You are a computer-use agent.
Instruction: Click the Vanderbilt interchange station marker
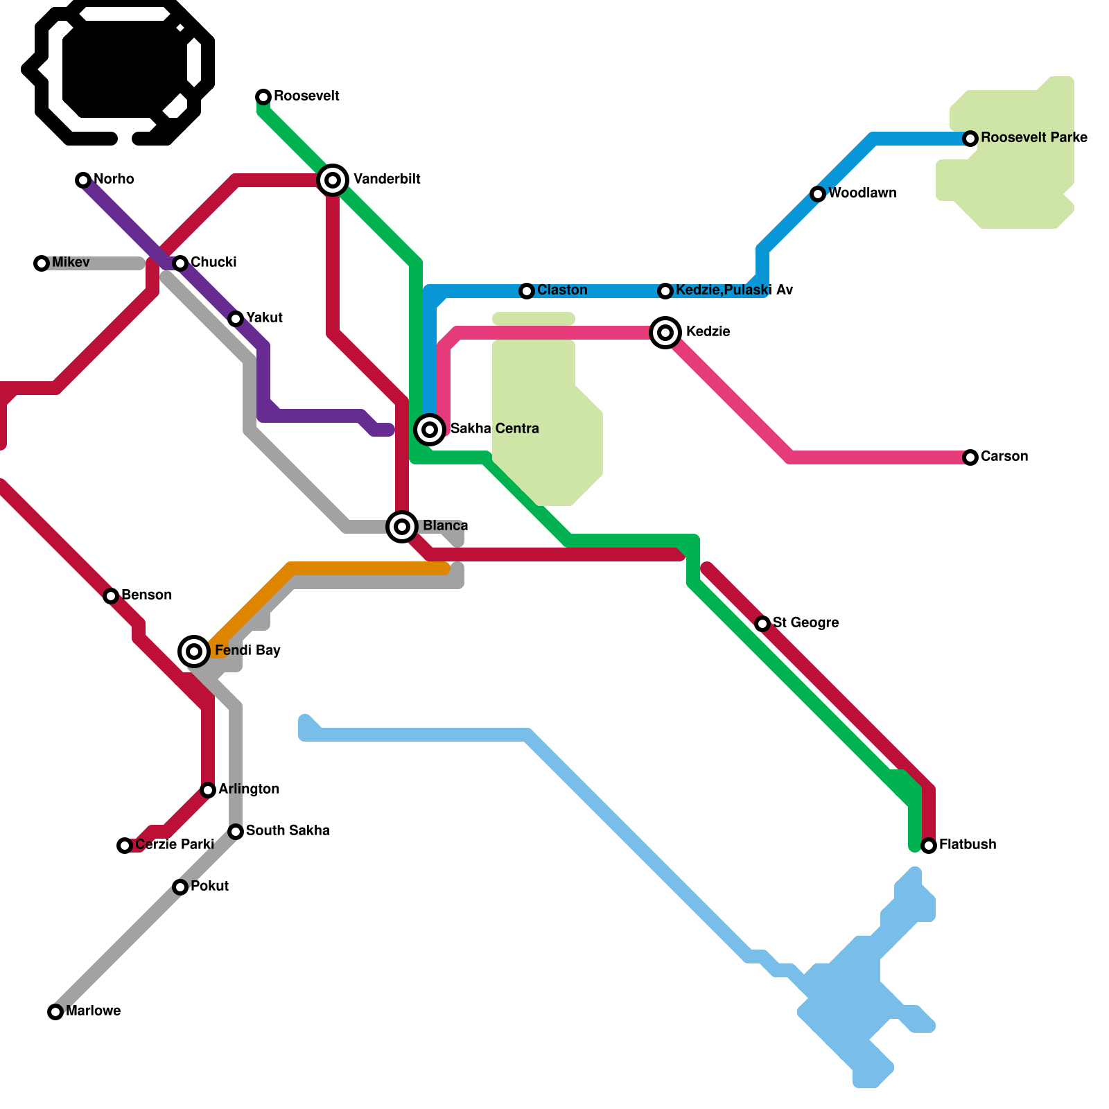(333, 180)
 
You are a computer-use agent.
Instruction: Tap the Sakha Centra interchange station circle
(430, 429)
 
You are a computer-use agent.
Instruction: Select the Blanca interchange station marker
(402, 527)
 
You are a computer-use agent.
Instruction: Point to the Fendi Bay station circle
(195, 651)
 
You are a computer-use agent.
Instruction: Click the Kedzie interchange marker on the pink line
(665, 333)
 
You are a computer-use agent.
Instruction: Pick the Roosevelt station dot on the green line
(263, 96)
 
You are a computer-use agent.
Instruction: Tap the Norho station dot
(83, 180)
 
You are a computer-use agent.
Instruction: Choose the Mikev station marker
(42, 263)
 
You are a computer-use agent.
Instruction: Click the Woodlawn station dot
(818, 194)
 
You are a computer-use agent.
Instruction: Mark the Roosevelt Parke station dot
(970, 139)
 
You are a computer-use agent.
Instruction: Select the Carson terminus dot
(970, 457)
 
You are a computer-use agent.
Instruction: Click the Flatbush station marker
(929, 846)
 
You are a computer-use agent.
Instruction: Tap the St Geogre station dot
(762, 624)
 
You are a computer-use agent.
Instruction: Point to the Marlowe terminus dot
(55, 1012)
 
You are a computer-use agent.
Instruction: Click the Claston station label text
(562, 290)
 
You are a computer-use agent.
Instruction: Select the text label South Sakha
(288, 830)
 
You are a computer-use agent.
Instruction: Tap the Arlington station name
(249, 789)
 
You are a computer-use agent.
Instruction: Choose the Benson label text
(146, 595)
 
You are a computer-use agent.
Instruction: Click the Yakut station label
(264, 317)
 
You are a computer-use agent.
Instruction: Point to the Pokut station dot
(180, 887)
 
